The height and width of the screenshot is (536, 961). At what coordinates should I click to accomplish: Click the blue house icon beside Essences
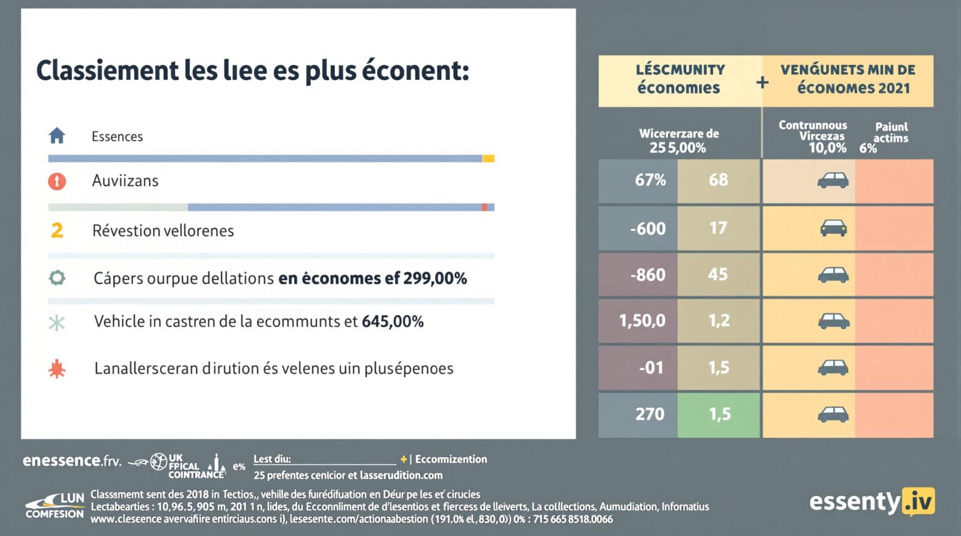57,135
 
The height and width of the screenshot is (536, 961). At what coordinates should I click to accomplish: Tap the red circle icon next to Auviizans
57,181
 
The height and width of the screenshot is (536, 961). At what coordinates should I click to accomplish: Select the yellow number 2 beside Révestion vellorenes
57,230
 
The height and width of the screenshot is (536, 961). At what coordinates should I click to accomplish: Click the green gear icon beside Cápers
57,278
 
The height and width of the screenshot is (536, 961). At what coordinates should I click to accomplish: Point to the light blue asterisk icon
57,323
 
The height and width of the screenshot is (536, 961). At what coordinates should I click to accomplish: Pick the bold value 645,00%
392,321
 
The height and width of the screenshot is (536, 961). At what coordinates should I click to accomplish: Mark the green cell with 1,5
719,414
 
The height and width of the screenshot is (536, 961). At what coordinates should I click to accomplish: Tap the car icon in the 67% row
833,181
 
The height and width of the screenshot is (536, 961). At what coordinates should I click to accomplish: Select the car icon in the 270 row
833,414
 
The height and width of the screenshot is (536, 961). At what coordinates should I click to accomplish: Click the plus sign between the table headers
762,82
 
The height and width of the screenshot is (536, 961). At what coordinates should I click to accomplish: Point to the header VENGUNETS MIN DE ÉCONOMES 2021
848,79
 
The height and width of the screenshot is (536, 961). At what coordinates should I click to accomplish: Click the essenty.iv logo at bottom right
872,502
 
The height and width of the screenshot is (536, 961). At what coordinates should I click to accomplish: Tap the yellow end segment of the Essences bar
488,159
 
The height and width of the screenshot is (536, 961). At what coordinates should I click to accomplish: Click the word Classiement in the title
107,71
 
